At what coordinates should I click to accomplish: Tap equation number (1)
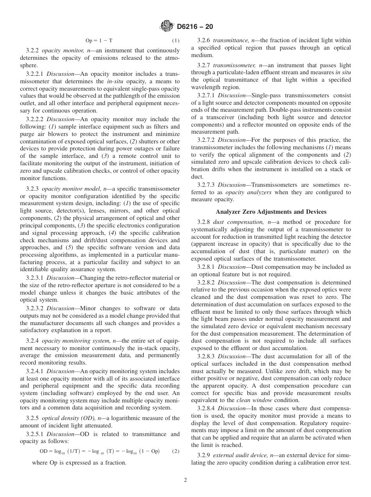click(x=176, y=41)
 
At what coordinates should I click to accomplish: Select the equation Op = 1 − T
click(x=99, y=41)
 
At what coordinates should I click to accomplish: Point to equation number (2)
click(x=176, y=451)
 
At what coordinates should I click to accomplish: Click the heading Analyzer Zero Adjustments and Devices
click(x=271, y=212)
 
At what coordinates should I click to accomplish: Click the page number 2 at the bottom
click(x=185, y=480)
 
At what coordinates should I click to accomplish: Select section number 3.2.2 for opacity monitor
click(x=33, y=51)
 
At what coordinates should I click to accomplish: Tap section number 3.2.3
click(x=33, y=189)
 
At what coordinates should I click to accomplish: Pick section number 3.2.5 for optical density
click(x=33, y=418)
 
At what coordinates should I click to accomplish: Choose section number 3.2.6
click(x=204, y=40)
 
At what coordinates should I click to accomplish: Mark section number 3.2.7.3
click(x=206, y=185)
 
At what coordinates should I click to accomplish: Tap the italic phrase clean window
click(x=250, y=400)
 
